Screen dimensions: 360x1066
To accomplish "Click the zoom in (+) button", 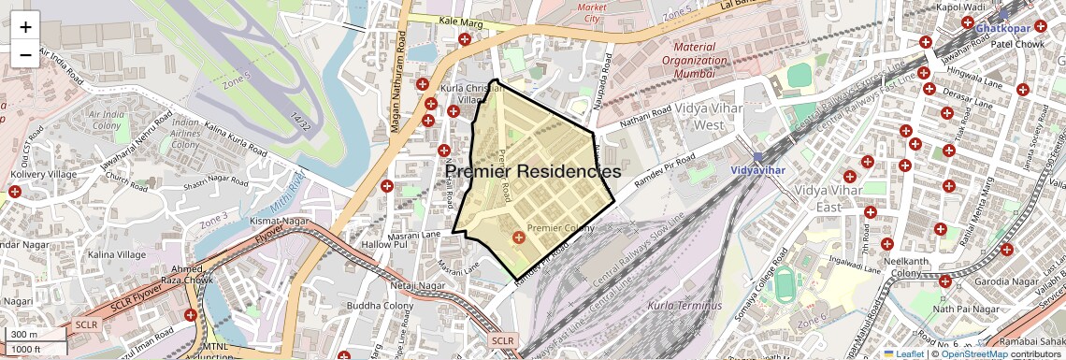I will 25,26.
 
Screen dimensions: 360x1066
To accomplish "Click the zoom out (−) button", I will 25,54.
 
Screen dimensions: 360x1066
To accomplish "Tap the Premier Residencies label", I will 532,172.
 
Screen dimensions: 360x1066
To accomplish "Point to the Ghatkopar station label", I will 1003,28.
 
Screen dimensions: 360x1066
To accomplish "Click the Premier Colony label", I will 561,228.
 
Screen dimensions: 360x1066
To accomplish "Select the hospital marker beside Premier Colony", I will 518,239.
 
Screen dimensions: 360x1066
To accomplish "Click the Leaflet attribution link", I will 902,353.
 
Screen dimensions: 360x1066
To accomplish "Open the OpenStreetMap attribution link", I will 973,353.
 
